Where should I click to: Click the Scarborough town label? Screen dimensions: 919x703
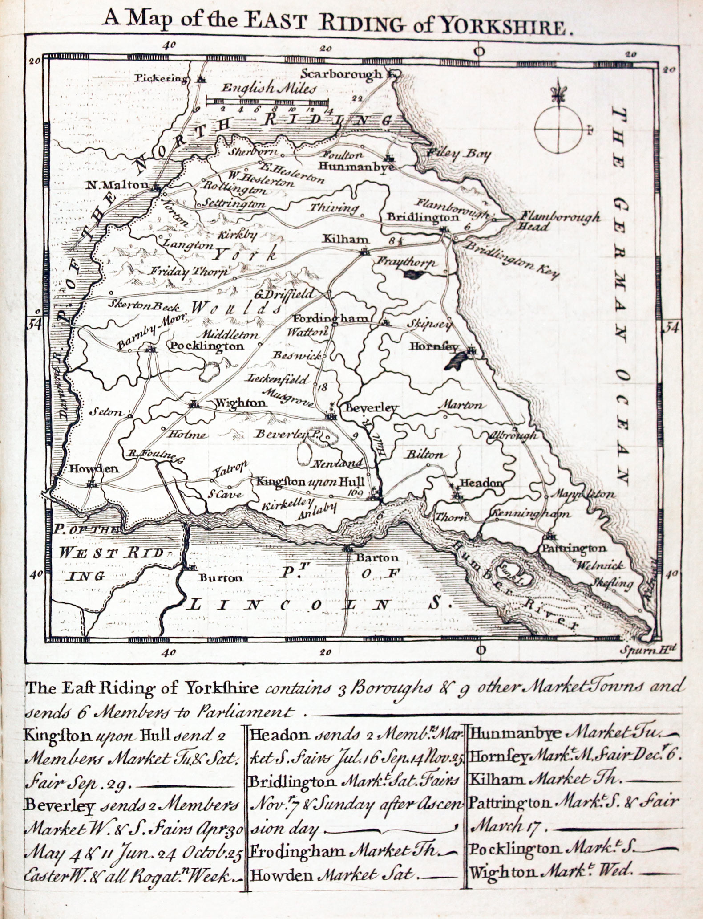point(341,74)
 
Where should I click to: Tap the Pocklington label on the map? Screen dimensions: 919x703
point(207,346)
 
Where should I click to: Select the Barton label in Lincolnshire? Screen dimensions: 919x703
point(370,557)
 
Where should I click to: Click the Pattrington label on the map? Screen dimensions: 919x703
point(574,548)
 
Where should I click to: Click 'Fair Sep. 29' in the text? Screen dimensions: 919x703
point(77,784)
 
